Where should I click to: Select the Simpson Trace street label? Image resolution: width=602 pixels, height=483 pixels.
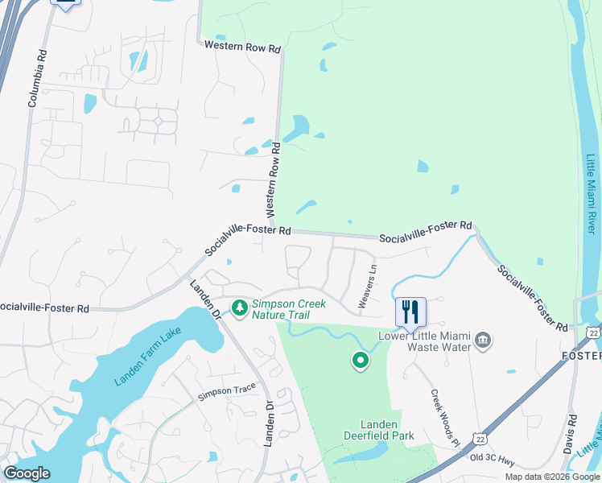226,390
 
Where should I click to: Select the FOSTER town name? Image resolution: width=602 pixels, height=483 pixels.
581,355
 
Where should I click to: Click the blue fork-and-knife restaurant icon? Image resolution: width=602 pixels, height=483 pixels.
410,312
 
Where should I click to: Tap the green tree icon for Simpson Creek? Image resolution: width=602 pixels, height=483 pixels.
239,308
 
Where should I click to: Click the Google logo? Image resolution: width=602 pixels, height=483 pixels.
27,473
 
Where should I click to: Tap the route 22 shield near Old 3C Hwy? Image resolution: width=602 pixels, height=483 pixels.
480,438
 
